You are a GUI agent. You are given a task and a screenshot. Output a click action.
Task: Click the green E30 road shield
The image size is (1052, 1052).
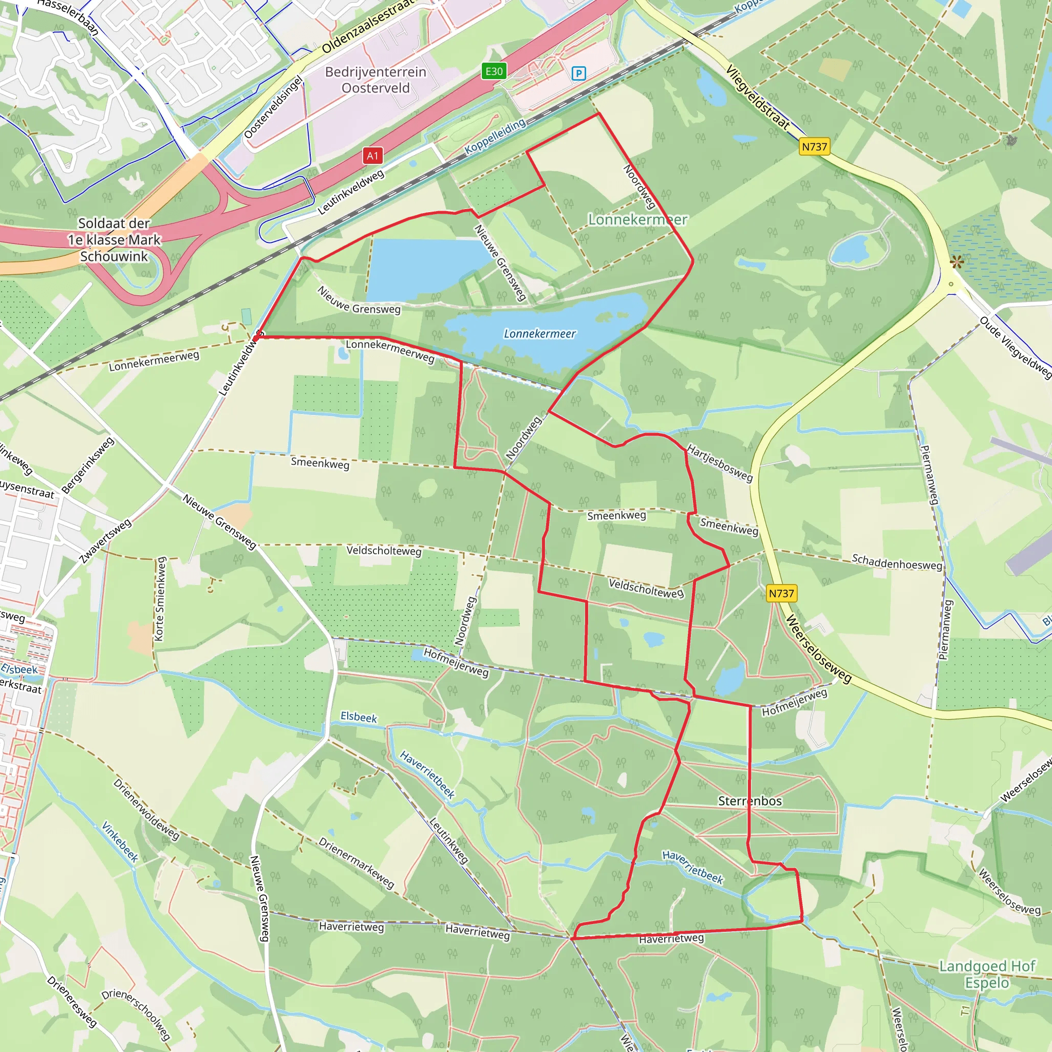click(x=494, y=71)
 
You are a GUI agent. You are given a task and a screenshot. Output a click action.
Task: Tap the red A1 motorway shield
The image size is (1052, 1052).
click(x=372, y=156)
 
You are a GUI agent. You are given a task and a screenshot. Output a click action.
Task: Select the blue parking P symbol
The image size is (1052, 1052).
click(x=579, y=73)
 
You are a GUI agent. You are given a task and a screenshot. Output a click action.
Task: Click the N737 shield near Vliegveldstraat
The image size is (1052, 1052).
click(x=814, y=146)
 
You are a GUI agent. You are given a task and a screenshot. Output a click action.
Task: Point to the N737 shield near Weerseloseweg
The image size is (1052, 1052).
click(x=781, y=593)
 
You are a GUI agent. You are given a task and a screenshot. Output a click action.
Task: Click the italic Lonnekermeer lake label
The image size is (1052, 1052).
click(x=539, y=334)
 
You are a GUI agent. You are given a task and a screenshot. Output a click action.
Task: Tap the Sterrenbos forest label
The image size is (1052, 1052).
click(x=750, y=801)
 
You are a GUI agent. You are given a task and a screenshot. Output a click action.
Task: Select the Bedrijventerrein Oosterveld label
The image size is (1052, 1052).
click(x=375, y=80)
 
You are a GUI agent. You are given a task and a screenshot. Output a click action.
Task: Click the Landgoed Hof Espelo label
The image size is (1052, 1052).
click(x=987, y=974)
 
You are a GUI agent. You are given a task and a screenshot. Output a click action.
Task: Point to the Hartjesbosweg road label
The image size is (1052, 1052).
click(x=720, y=463)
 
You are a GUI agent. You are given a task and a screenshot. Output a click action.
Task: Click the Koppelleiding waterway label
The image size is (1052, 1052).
click(x=495, y=137)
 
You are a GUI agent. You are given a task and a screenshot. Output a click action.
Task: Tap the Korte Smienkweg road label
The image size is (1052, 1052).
click(x=160, y=599)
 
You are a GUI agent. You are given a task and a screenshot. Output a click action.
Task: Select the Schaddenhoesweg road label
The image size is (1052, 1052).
click(x=897, y=562)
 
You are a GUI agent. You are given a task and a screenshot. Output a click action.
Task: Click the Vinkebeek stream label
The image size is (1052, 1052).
click(x=120, y=842)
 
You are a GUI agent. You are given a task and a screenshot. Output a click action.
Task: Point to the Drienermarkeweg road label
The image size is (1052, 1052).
click(x=356, y=863)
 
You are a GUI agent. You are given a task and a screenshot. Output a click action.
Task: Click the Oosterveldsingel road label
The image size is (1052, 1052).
click(x=273, y=107)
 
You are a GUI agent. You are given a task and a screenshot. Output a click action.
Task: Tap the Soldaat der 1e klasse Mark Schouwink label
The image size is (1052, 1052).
click(x=115, y=239)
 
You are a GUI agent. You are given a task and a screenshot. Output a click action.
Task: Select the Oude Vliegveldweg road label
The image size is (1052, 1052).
click(x=1015, y=347)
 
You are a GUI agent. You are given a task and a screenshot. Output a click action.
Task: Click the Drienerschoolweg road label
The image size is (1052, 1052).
click(x=136, y=1013)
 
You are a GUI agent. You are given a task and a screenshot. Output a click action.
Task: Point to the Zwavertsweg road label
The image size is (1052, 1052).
click(x=106, y=541)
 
